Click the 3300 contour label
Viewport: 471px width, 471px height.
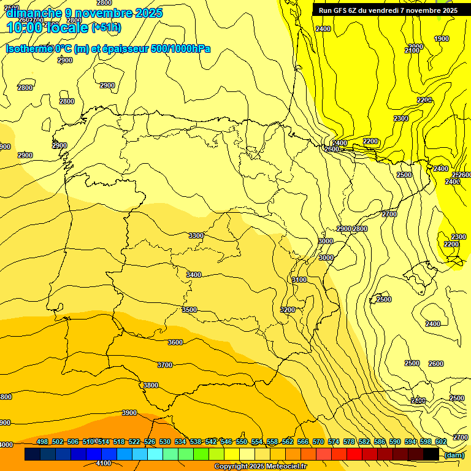tap(196, 235)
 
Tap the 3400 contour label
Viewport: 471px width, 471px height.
tap(194, 275)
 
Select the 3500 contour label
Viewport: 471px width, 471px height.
tap(190, 310)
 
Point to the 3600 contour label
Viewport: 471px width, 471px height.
tap(175, 342)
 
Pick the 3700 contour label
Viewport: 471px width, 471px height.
tap(165, 365)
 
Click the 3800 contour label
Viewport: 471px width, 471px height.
tap(151, 385)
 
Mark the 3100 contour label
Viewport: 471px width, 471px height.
tap(299, 280)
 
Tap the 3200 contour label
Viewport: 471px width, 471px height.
tap(288, 310)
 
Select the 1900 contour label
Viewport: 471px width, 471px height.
tap(442, 39)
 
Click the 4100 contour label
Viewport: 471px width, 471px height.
tap(104, 464)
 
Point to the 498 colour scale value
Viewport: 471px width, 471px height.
tap(42, 442)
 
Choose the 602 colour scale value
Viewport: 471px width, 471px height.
tap(441, 442)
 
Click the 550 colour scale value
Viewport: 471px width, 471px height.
tap(242, 442)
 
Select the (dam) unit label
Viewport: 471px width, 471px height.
tap(454, 455)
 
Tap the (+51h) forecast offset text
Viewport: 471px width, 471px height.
tap(106, 28)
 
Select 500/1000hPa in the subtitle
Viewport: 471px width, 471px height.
tap(182, 48)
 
